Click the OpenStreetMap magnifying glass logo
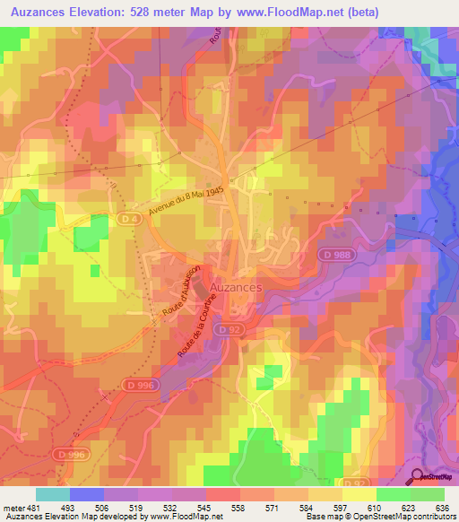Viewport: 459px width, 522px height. (x=419, y=477)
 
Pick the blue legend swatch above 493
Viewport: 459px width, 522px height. (x=87, y=494)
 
